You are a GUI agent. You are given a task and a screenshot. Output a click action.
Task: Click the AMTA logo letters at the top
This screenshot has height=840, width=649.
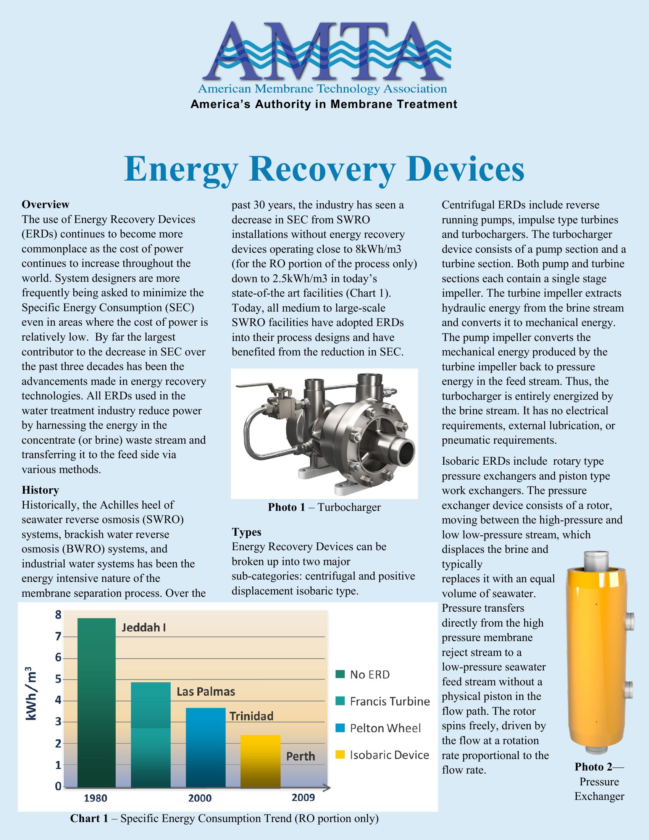324,52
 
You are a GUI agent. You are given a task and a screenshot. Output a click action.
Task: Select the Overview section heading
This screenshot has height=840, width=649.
45,204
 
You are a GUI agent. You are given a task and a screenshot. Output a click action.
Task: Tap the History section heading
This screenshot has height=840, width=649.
40,490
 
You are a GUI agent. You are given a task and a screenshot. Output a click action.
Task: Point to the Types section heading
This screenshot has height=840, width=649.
247,532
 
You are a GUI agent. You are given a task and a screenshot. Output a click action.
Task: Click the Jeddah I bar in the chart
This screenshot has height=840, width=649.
97,704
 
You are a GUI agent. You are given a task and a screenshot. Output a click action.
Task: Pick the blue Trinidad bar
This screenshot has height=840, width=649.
205,748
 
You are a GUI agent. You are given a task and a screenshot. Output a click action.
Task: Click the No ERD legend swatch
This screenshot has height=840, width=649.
340,674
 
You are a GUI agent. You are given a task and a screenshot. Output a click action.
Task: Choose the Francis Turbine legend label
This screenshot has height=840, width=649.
389,701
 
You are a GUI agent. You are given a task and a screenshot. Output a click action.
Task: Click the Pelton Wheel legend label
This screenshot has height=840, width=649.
385,728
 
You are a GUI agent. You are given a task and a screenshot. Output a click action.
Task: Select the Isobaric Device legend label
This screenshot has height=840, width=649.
389,755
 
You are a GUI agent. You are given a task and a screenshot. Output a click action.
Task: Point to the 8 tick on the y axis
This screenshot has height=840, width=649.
58,615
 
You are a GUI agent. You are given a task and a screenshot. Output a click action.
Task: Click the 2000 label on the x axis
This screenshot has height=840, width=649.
200,799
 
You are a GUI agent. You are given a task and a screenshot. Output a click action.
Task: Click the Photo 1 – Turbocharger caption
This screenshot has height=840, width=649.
324,507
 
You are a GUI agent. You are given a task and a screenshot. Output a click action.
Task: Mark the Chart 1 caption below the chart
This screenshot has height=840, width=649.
224,819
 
